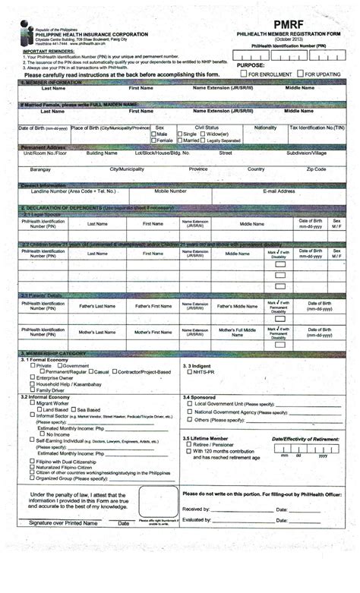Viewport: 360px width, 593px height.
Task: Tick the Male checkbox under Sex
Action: [x=153, y=134]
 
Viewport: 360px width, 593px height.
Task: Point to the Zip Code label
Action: [x=316, y=169]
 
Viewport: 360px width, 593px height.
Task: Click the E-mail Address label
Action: [x=278, y=191]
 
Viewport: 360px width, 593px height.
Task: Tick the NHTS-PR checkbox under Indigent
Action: [x=189, y=372]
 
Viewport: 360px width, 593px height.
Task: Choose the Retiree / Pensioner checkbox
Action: [x=189, y=445]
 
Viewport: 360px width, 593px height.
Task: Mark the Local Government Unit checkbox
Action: [x=189, y=404]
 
